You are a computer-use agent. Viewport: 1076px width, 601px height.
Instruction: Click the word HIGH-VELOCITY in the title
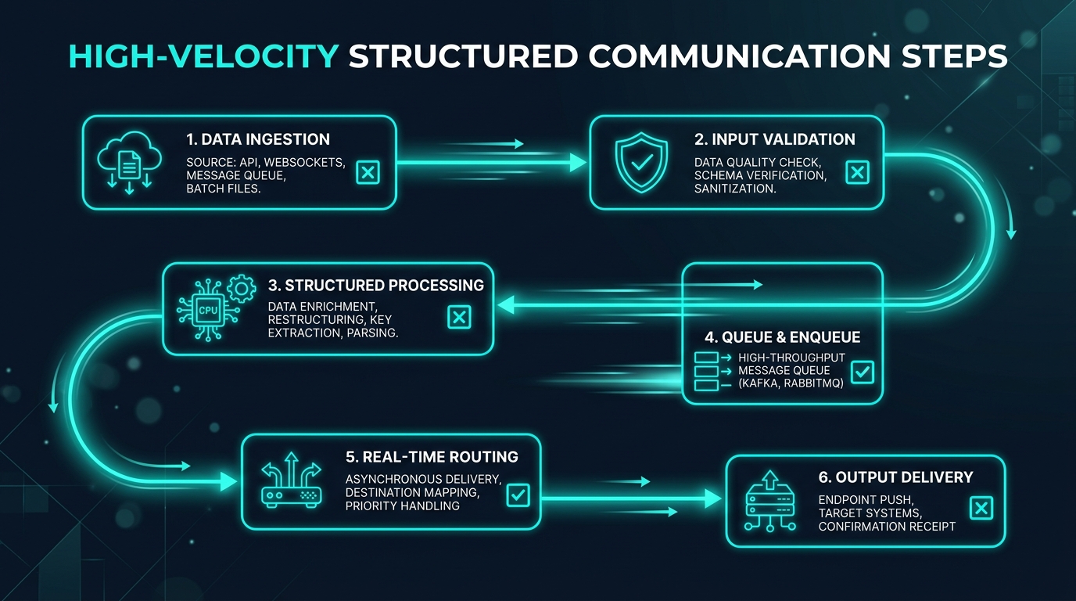point(203,56)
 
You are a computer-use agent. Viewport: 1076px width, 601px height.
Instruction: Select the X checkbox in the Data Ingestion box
point(368,172)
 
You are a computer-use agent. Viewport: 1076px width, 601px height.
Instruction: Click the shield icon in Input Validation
point(641,163)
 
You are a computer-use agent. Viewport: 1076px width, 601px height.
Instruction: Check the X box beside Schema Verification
point(857,172)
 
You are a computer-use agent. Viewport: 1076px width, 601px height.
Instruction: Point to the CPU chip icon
point(208,310)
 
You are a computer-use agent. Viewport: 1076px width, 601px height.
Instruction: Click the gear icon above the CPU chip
point(241,289)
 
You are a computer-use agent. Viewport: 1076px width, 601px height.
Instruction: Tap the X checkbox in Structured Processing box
point(459,317)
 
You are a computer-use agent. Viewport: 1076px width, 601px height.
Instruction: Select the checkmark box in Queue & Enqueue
point(863,372)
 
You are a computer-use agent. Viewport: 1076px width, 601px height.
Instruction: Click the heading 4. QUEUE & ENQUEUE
point(783,337)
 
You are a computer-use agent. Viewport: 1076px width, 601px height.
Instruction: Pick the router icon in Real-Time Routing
point(291,480)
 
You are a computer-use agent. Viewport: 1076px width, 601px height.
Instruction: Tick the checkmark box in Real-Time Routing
point(518,495)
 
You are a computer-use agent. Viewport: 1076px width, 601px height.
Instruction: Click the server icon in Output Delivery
point(770,501)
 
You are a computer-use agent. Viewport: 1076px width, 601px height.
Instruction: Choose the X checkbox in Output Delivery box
point(981,509)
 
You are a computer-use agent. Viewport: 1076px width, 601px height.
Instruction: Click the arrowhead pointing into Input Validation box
point(578,163)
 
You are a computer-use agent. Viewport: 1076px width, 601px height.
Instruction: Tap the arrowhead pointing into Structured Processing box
point(506,305)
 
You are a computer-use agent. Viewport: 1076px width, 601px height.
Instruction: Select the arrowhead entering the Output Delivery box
point(713,498)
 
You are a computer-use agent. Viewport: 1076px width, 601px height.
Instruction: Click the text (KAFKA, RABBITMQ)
point(791,383)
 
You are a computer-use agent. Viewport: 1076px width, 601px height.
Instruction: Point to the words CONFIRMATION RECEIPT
point(887,527)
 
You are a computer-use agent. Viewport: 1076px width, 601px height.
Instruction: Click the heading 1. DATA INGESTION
point(258,139)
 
